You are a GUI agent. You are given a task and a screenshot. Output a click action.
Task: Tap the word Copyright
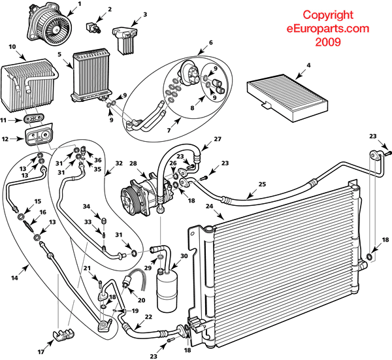[x=328, y=14]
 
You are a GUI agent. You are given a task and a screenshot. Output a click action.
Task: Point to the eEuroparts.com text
[x=328, y=28]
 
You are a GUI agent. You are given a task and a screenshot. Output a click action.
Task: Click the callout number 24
[x=210, y=208]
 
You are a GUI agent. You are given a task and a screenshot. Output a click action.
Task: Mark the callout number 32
[x=118, y=163]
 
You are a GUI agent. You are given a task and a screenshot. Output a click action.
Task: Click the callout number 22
[x=148, y=317]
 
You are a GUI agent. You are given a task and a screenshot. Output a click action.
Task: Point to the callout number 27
[x=218, y=139]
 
